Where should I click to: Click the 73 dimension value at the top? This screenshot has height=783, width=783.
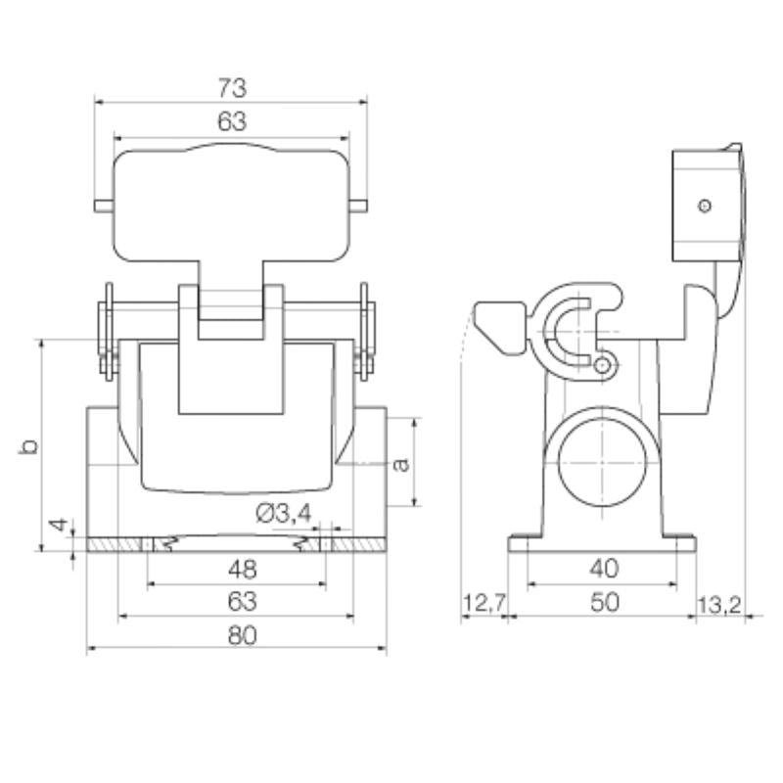coord(231,86)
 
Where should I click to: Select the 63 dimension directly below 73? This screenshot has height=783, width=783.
coord(231,122)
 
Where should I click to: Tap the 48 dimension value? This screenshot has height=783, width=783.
coord(236,568)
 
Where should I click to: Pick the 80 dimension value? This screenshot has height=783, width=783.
coord(236,634)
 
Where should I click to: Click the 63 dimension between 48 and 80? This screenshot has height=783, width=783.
coord(236,600)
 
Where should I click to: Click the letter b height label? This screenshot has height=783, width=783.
coord(30,446)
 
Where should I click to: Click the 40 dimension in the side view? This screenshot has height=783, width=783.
coord(602,568)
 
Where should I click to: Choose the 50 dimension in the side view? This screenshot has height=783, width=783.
coord(602,603)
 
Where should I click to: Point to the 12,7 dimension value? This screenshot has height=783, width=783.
coord(483,603)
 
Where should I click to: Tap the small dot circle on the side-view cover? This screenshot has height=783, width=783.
coord(704,206)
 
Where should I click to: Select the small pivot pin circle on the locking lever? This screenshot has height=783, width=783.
coord(604,366)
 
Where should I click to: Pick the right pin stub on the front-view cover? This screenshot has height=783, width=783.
coord(359,206)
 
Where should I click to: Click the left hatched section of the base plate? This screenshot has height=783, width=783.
coord(115,544)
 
